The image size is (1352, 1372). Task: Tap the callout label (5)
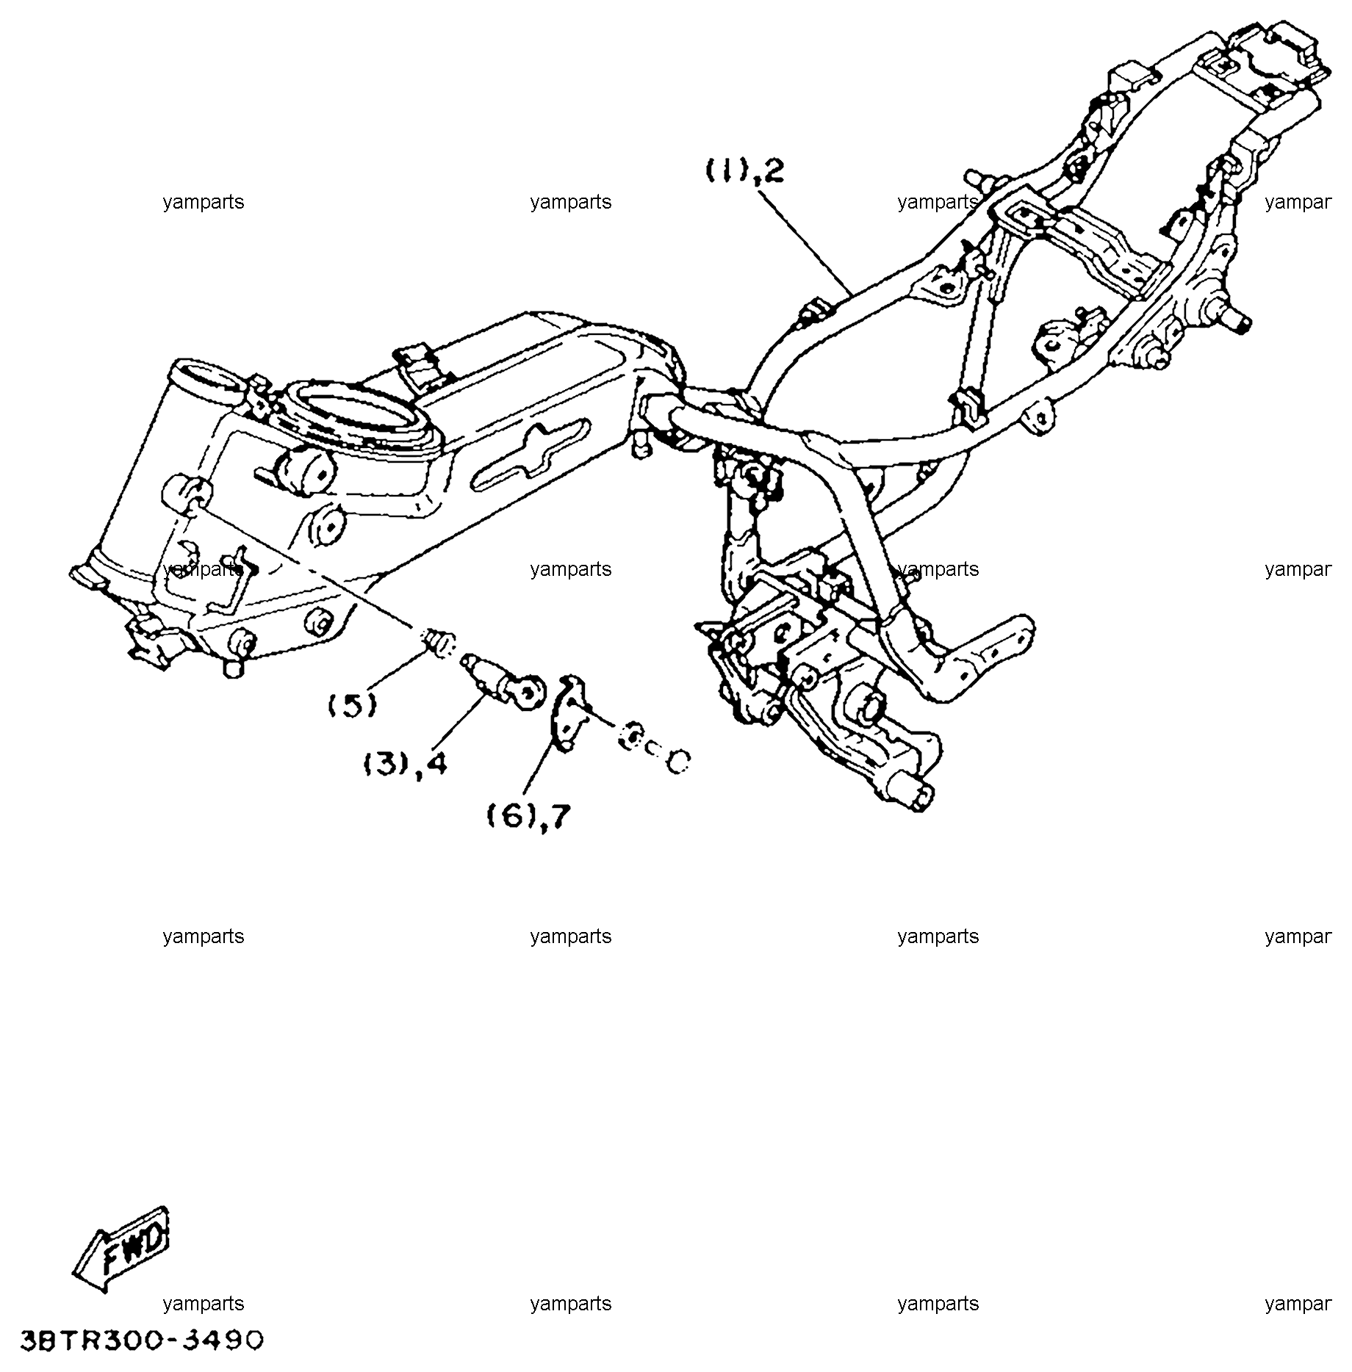tap(352, 705)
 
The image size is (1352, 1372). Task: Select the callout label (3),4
tap(405, 765)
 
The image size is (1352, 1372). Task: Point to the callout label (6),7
tap(529, 815)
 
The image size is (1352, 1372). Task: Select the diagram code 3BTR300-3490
tap(142, 1340)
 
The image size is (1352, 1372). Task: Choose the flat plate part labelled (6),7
tap(569, 712)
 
